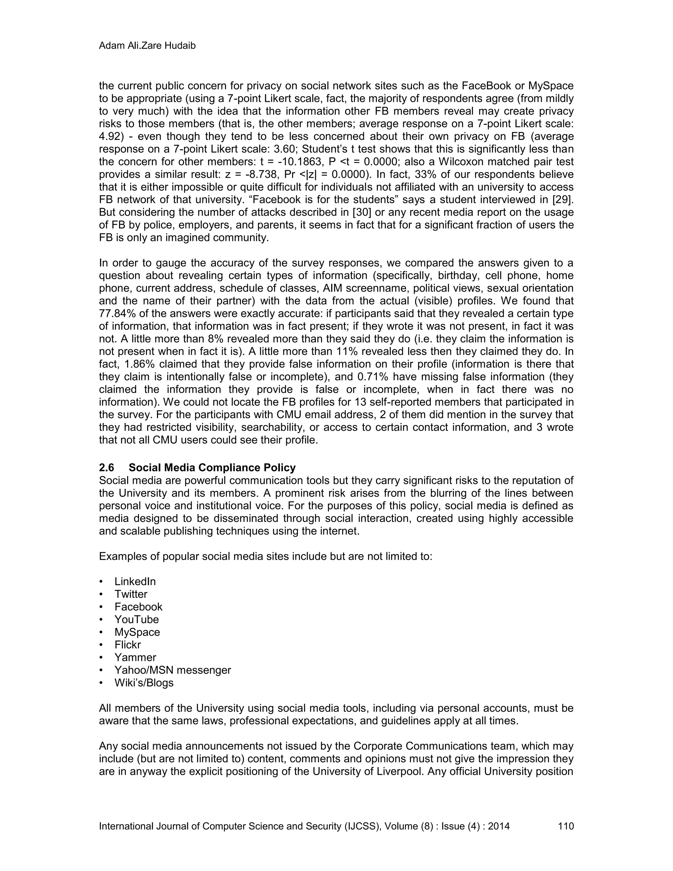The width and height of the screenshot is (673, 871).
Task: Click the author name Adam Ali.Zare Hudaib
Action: tap(147, 46)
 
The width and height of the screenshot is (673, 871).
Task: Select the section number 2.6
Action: tap(106, 467)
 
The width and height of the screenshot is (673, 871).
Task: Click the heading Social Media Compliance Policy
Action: tap(212, 467)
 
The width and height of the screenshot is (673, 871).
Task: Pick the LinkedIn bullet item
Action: tap(135, 581)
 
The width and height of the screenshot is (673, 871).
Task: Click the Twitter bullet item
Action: tap(131, 594)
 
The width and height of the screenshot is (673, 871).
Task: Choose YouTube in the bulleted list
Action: tap(136, 619)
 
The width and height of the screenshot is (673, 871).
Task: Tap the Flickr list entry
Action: tap(128, 645)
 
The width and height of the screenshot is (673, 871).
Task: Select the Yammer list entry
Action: tap(135, 658)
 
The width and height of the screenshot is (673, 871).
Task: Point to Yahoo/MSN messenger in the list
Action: tap(173, 670)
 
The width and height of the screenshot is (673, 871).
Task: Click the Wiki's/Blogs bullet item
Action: tap(144, 683)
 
